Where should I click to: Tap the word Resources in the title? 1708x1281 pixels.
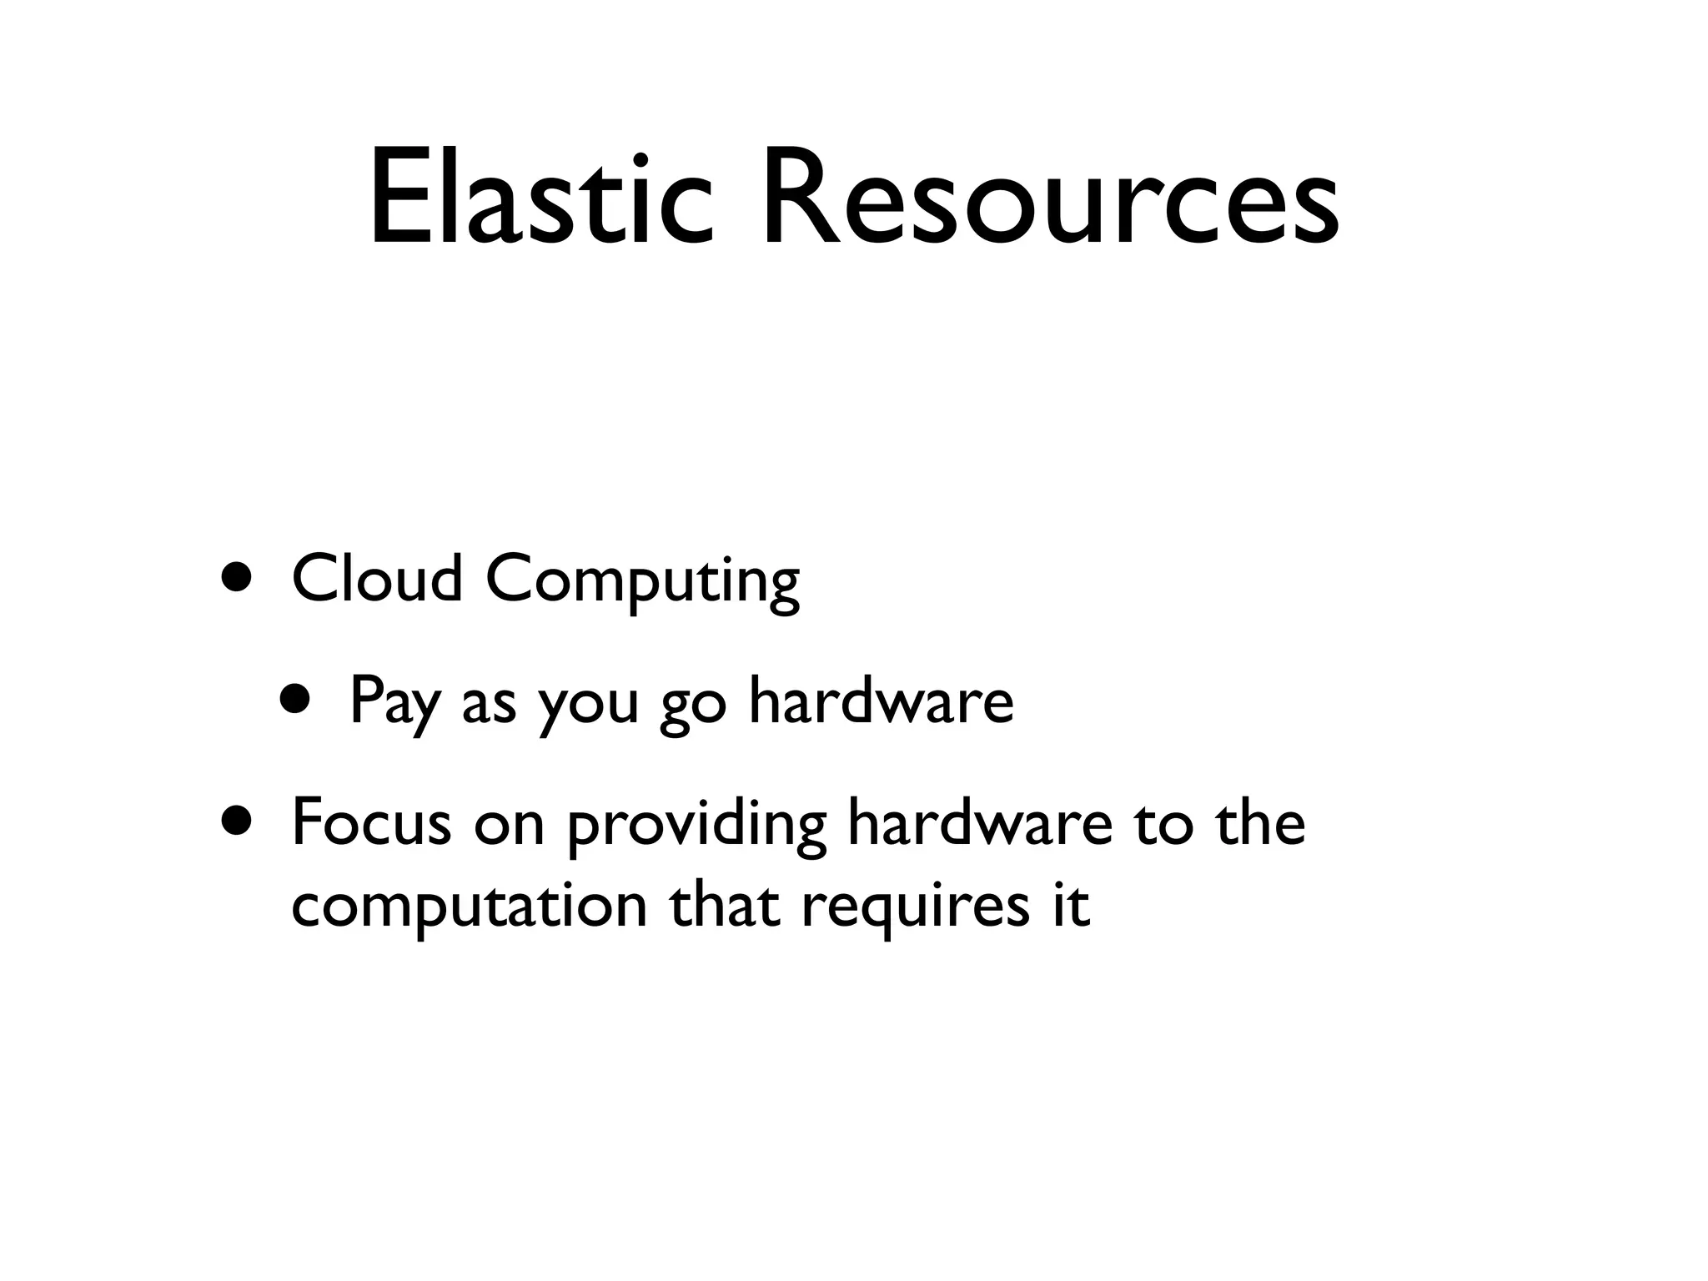(x=1050, y=198)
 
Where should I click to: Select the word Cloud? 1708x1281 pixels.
(x=376, y=579)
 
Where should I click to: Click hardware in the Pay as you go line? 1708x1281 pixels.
(x=881, y=701)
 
